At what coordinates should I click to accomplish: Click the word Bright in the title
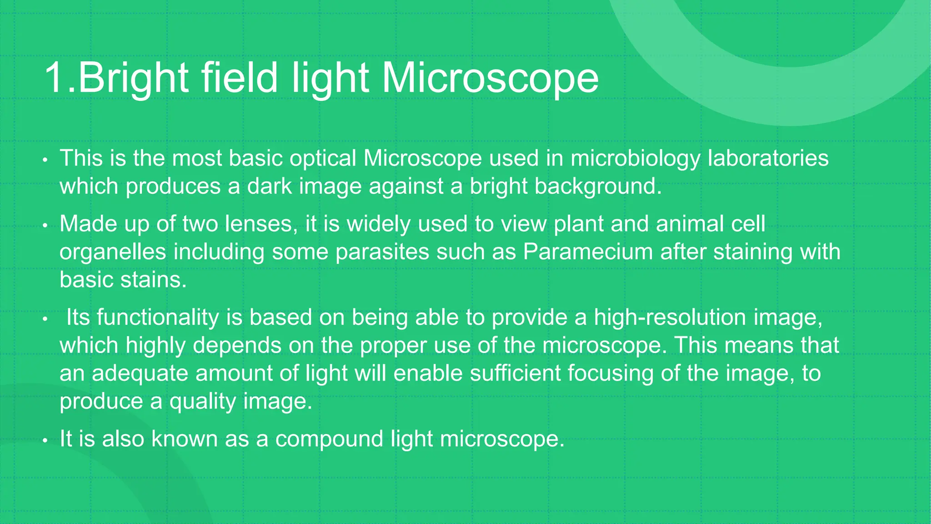click(133, 78)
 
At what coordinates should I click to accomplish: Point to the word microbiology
click(636, 159)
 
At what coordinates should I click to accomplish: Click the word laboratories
click(768, 159)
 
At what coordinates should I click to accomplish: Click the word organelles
click(113, 252)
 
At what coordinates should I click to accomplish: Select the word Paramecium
click(588, 252)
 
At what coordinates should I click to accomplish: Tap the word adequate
click(140, 373)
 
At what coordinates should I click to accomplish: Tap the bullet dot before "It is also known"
click(45, 441)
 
